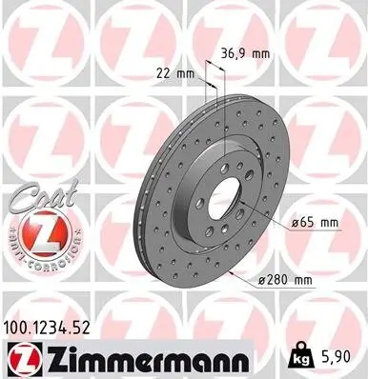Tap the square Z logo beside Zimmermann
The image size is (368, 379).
21,359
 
